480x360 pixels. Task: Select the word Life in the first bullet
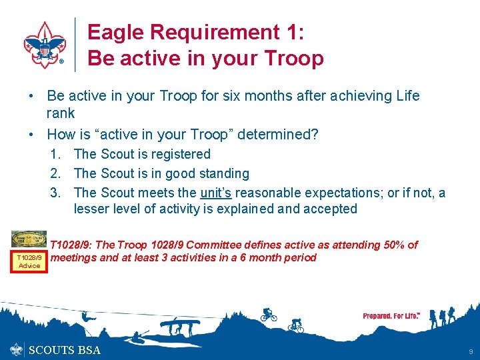406,95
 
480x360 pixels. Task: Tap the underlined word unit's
217,193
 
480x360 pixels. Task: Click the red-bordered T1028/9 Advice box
29,261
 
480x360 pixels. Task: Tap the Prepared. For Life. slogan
391,315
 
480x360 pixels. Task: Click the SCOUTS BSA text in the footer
65,350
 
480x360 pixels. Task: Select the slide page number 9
471,351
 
